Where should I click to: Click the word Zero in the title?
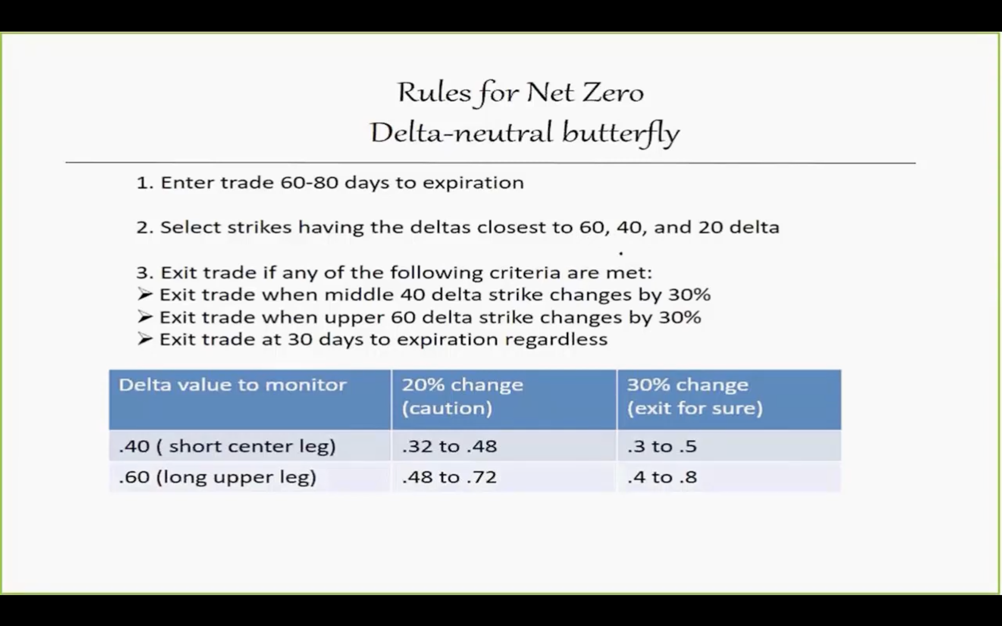click(x=613, y=93)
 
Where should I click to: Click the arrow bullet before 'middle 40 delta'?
click(x=145, y=294)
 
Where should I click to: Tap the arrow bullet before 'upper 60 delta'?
click(x=145, y=317)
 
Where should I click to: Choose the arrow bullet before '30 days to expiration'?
click(x=145, y=339)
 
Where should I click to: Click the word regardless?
click(x=556, y=339)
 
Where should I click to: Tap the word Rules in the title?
click(x=434, y=93)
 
